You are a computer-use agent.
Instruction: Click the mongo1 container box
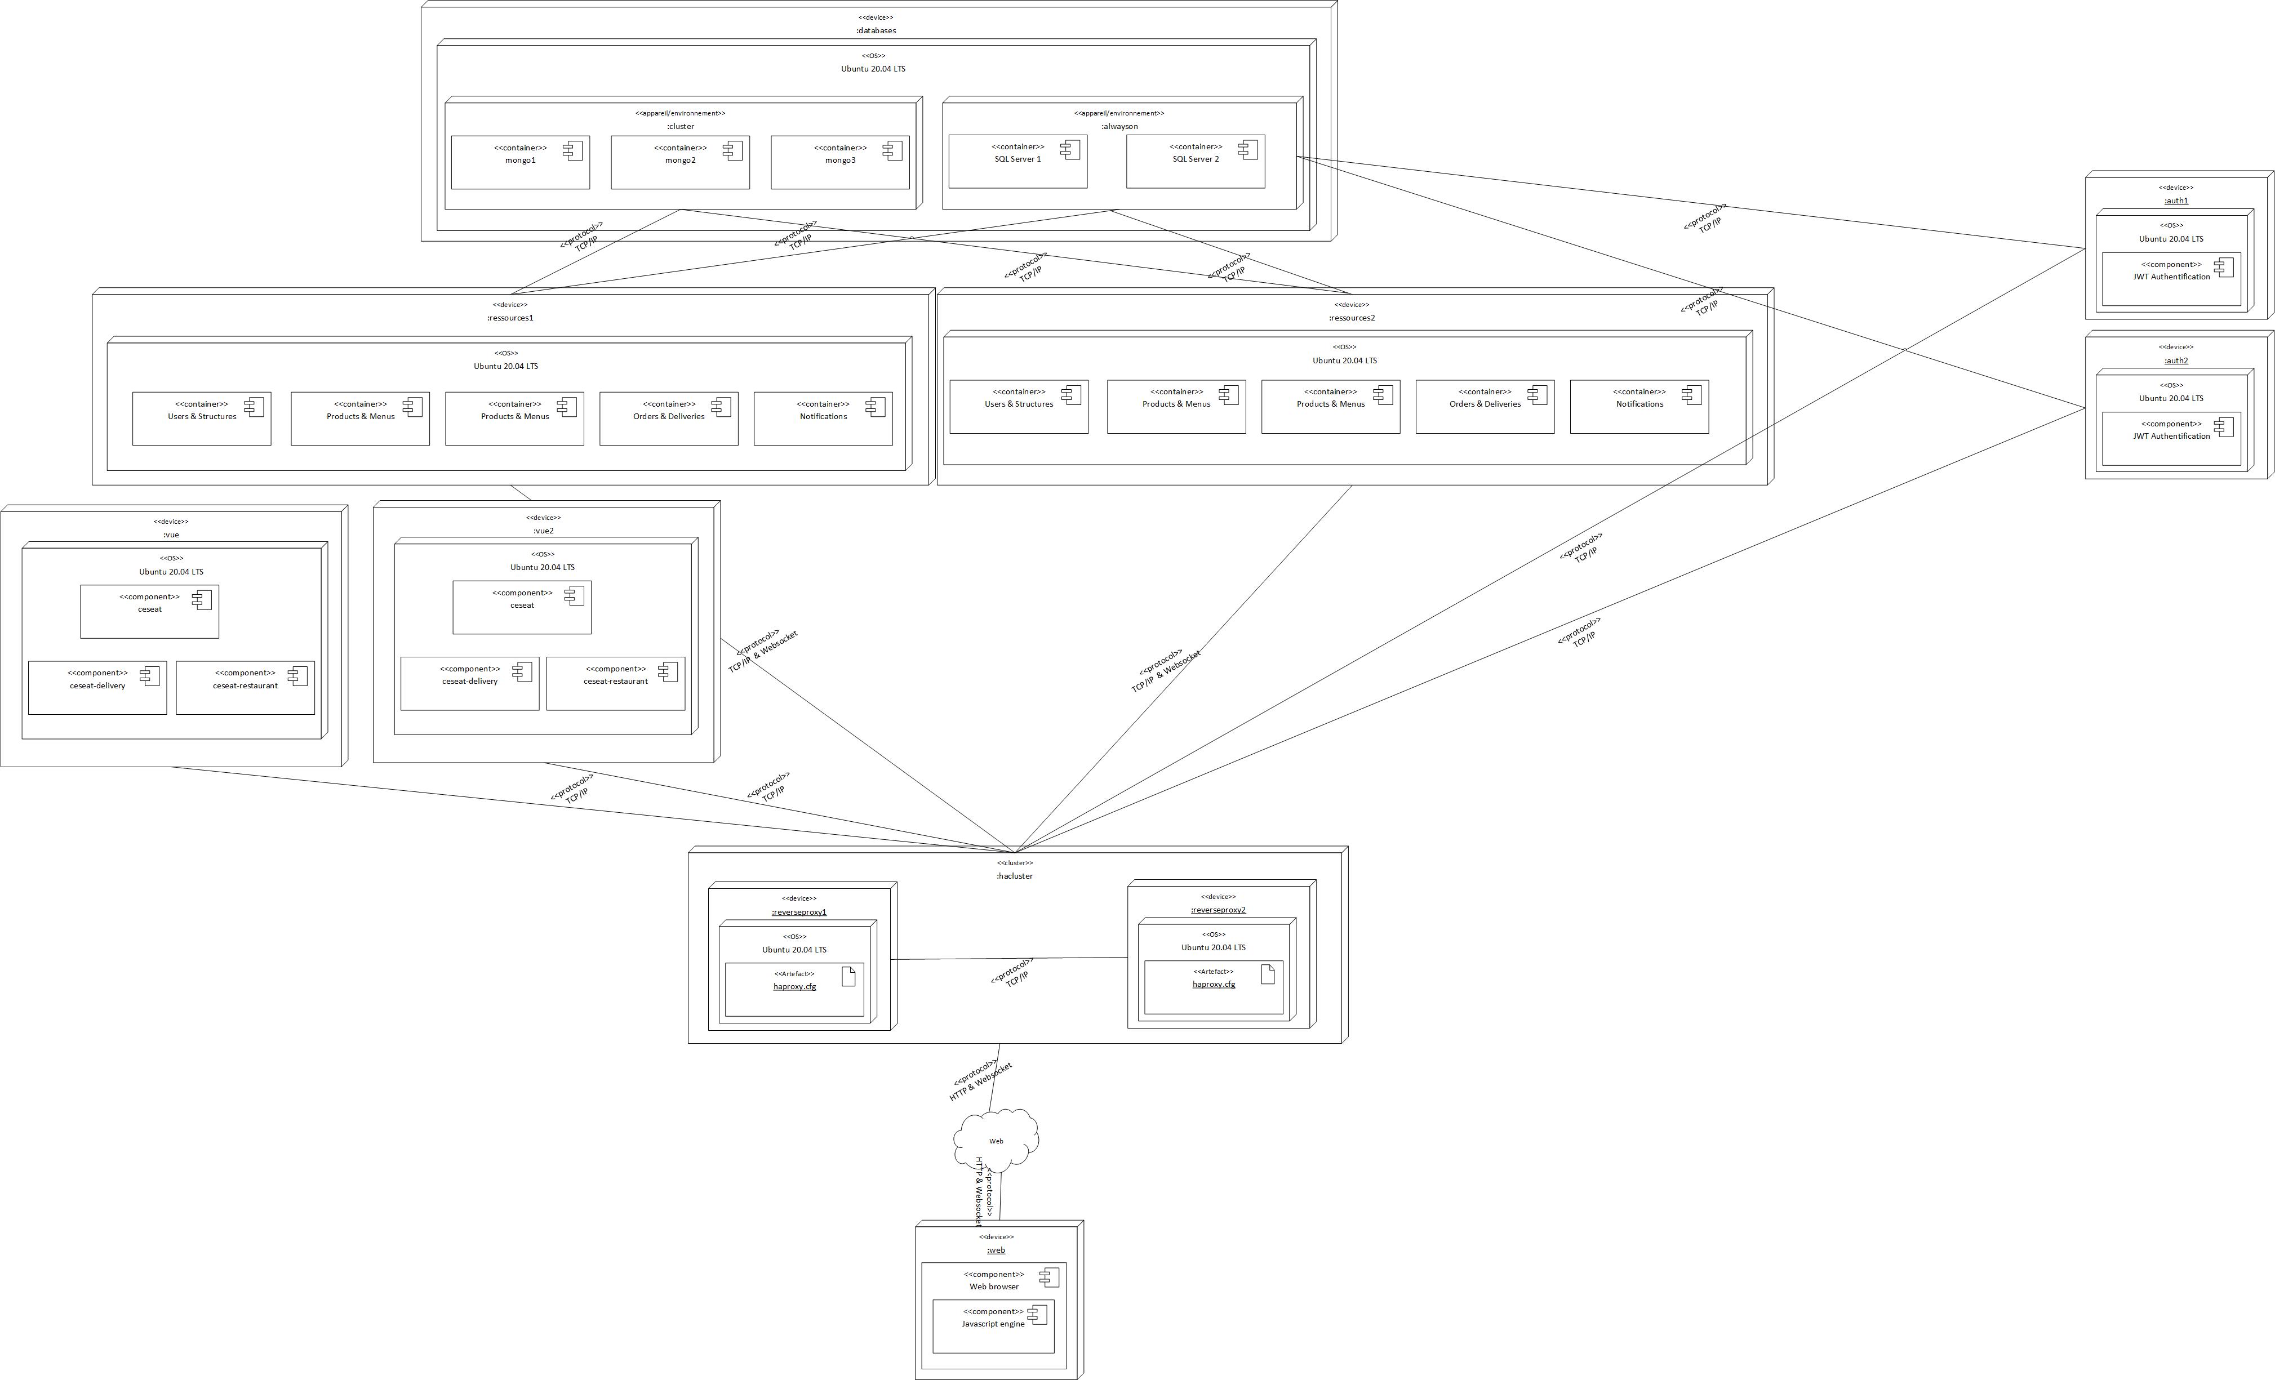pyautogui.click(x=520, y=162)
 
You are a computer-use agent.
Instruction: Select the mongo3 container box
pyautogui.click(x=839, y=162)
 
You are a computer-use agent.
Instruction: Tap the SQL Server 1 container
pyautogui.click(x=1017, y=162)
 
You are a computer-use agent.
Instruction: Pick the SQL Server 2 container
pyautogui.click(x=1195, y=162)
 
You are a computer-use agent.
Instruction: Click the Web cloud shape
pyautogui.click(x=996, y=1141)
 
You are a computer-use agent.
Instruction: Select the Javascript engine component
pyautogui.click(x=993, y=1326)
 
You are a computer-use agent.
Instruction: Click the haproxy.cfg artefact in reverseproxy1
pyautogui.click(x=794, y=989)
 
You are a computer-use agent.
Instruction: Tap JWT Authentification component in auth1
pyautogui.click(x=2171, y=279)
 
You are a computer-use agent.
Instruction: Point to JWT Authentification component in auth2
pyautogui.click(x=2171, y=438)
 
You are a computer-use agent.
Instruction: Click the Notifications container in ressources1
pyautogui.click(x=823, y=418)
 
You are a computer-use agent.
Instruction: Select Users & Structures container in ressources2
pyautogui.click(x=1019, y=406)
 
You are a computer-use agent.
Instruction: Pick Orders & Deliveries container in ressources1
pyautogui.click(x=668, y=418)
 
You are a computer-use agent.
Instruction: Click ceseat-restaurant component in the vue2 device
pyautogui.click(x=615, y=683)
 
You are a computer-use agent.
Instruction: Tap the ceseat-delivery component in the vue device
pyautogui.click(x=97, y=688)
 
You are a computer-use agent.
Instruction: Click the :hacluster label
pyautogui.click(x=1014, y=876)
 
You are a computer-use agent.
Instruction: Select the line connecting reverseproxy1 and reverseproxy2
pyautogui.click(x=1008, y=958)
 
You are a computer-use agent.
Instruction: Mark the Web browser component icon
pyautogui.click(x=1049, y=1277)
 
